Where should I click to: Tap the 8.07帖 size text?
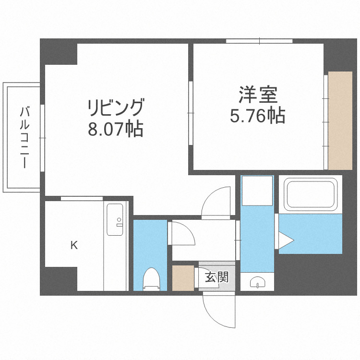point(115,128)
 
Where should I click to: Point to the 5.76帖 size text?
point(258,116)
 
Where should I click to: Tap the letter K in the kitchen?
point(74,246)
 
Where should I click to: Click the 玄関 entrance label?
point(216,277)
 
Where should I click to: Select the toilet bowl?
point(151,279)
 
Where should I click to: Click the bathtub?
point(310,194)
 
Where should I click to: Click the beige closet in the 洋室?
point(340,120)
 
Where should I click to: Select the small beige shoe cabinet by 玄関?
point(183,277)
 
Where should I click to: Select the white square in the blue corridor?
point(257,191)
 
